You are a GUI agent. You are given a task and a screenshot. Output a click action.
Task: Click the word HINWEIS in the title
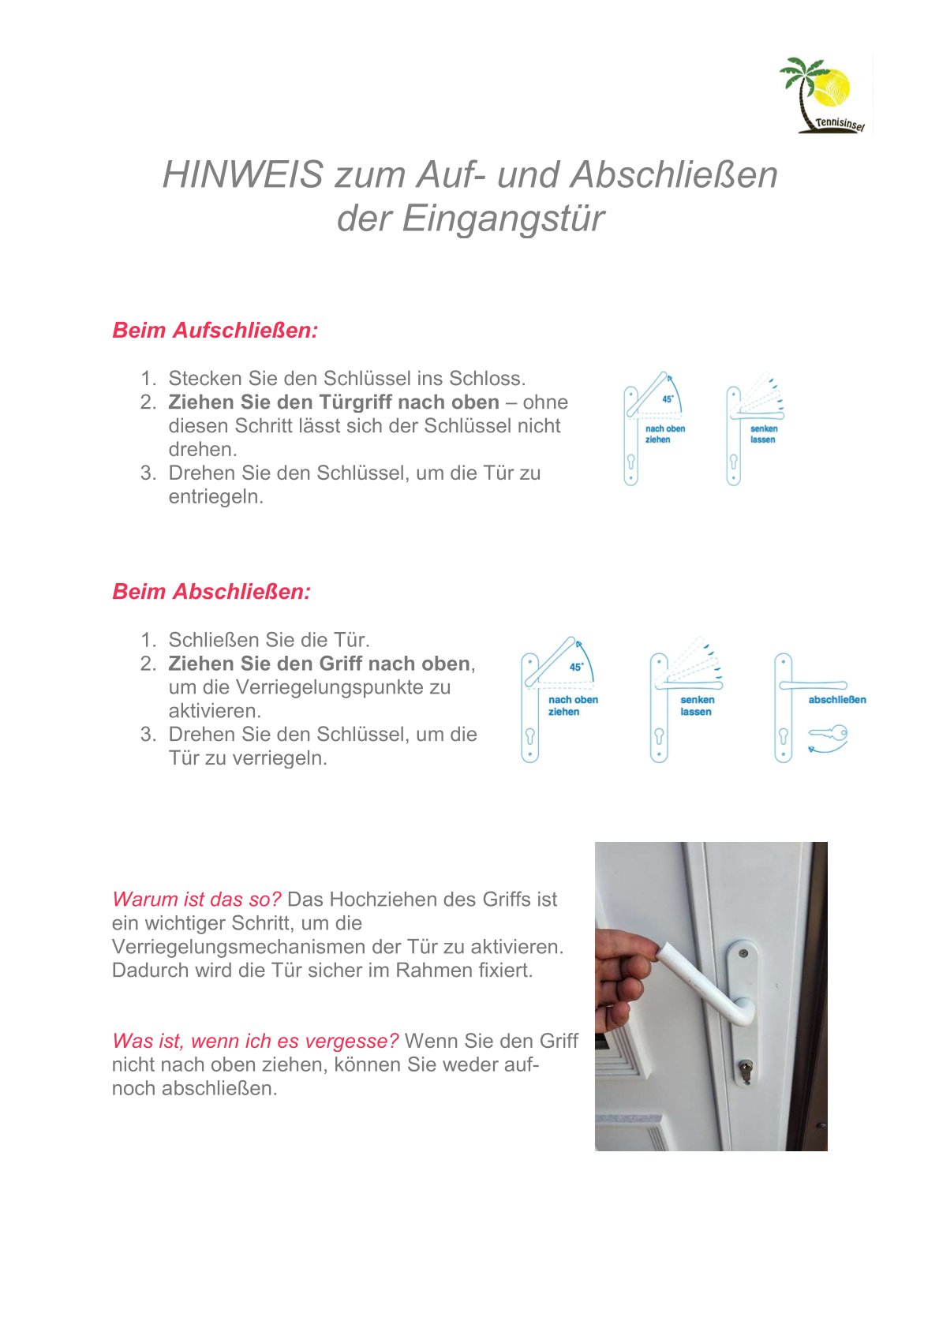[x=242, y=174]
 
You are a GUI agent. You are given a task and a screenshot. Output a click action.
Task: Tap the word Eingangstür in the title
[x=503, y=219]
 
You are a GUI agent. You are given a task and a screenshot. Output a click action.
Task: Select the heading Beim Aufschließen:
[x=215, y=330]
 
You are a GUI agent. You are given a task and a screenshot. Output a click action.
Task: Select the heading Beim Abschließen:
[x=211, y=591]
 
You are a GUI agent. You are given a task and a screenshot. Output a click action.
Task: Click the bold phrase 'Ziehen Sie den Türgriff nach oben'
[x=333, y=402]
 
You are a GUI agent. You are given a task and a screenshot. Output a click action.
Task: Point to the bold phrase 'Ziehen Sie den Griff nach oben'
[x=319, y=663]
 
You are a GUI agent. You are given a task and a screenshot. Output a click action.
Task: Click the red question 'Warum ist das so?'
[x=196, y=899]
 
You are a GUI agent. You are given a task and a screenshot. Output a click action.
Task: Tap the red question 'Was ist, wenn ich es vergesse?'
[x=255, y=1041]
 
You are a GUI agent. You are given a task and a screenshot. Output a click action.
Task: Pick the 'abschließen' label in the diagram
[x=836, y=699]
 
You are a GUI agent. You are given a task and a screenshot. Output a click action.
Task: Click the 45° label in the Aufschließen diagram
[x=668, y=399]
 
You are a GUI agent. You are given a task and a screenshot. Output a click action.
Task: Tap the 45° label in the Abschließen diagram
[x=577, y=667]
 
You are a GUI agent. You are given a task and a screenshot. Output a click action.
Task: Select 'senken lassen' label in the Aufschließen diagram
[x=763, y=434]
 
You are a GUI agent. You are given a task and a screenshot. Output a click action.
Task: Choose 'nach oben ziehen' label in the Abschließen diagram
[x=573, y=705]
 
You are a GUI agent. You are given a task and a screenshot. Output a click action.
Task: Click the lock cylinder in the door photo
[x=745, y=1069]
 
